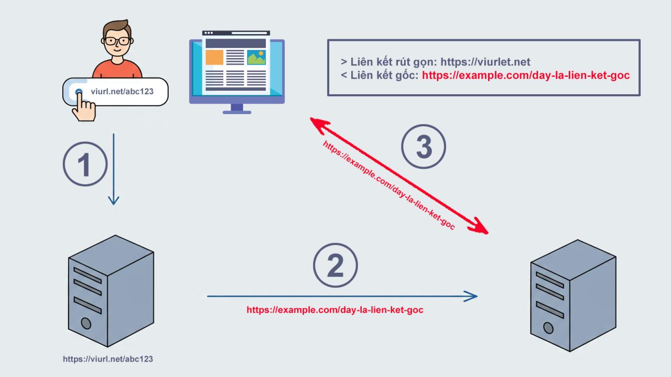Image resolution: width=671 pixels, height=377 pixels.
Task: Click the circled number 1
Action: click(85, 164)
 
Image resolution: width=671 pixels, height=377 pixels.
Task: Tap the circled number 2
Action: click(335, 265)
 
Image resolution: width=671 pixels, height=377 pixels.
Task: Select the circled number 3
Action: click(424, 147)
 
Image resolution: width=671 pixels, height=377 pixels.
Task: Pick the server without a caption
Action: click(572, 296)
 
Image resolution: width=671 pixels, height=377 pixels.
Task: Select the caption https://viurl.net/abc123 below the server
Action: click(108, 359)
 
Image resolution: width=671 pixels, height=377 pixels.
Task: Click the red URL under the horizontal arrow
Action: click(335, 310)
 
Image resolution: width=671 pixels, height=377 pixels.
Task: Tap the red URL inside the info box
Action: click(526, 75)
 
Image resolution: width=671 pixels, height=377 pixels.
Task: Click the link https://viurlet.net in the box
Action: click(485, 62)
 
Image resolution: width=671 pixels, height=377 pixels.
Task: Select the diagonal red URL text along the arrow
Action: click(388, 186)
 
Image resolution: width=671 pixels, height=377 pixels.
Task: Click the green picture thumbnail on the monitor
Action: click(256, 58)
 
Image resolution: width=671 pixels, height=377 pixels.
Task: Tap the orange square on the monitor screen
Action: click(214, 58)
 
